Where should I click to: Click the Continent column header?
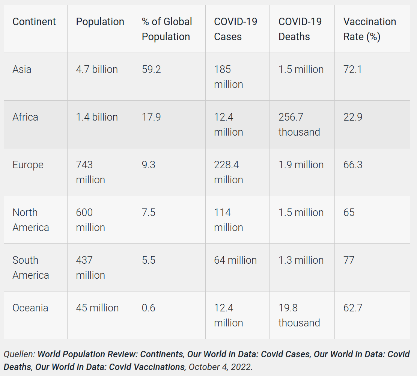(x=34, y=22)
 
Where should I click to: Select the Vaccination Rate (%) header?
(x=370, y=29)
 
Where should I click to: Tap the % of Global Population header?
(x=167, y=29)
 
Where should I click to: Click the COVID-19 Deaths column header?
(x=300, y=29)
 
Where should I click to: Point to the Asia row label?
(x=22, y=69)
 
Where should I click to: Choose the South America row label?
(x=30, y=267)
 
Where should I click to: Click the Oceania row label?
(x=30, y=308)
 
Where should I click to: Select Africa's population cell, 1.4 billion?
(x=97, y=117)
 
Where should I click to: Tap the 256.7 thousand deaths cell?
(x=299, y=124)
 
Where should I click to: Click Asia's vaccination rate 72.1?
(x=352, y=69)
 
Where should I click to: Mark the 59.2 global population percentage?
(x=151, y=69)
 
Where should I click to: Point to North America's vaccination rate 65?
(x=349, y=213)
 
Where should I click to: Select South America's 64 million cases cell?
(x=235, y=260)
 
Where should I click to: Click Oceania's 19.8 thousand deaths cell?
(x=299, y=315)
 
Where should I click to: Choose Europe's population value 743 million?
(x=90, y=172)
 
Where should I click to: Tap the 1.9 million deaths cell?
(x=301, y=165)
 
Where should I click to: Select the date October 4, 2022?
(x=220, y=367)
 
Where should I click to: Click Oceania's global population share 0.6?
(x=148, y=308)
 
